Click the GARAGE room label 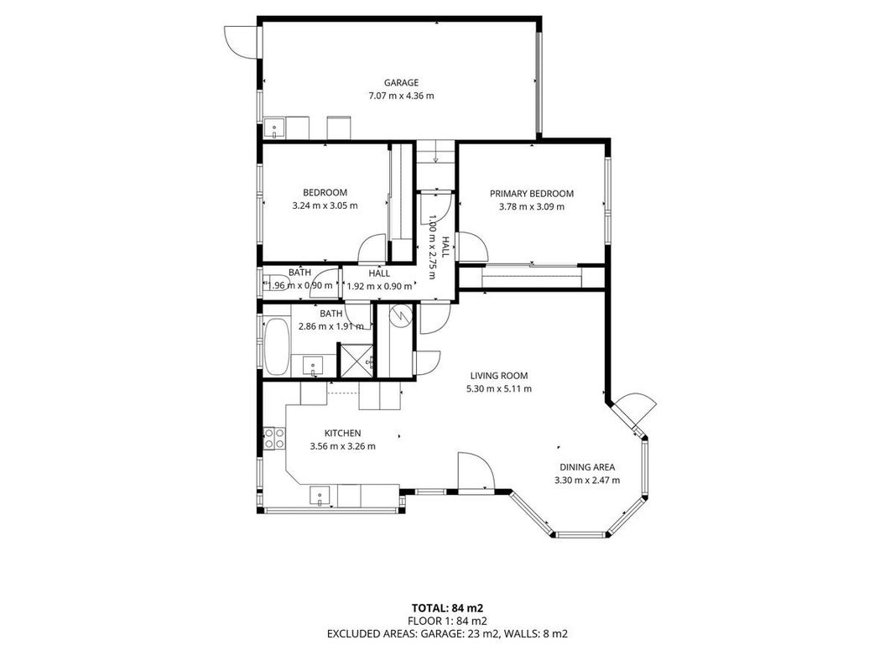[x=401, y=83]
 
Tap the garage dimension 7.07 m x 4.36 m [x=401, y=96]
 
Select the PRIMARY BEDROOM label [x=532, y=194]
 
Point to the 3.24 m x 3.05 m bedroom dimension [x=325, y=205]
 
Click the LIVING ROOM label [x=499, y=376]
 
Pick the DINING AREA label [x=587, y=466]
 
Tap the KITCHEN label [x=342, y=433]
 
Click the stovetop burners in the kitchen [x=274, y=438]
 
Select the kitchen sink [x=320, y=496]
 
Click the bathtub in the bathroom [x=277, y=346]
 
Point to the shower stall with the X [x=356, y=360]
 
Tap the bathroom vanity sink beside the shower [x=313, y=365]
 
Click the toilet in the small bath [x=275, y=283]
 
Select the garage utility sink [x=275, y=127]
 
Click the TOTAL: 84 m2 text [x=448, y=607]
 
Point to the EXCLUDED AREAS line [x=448, y=633]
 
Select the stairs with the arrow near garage [x=435, y=165]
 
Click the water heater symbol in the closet [x=401, y=315]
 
